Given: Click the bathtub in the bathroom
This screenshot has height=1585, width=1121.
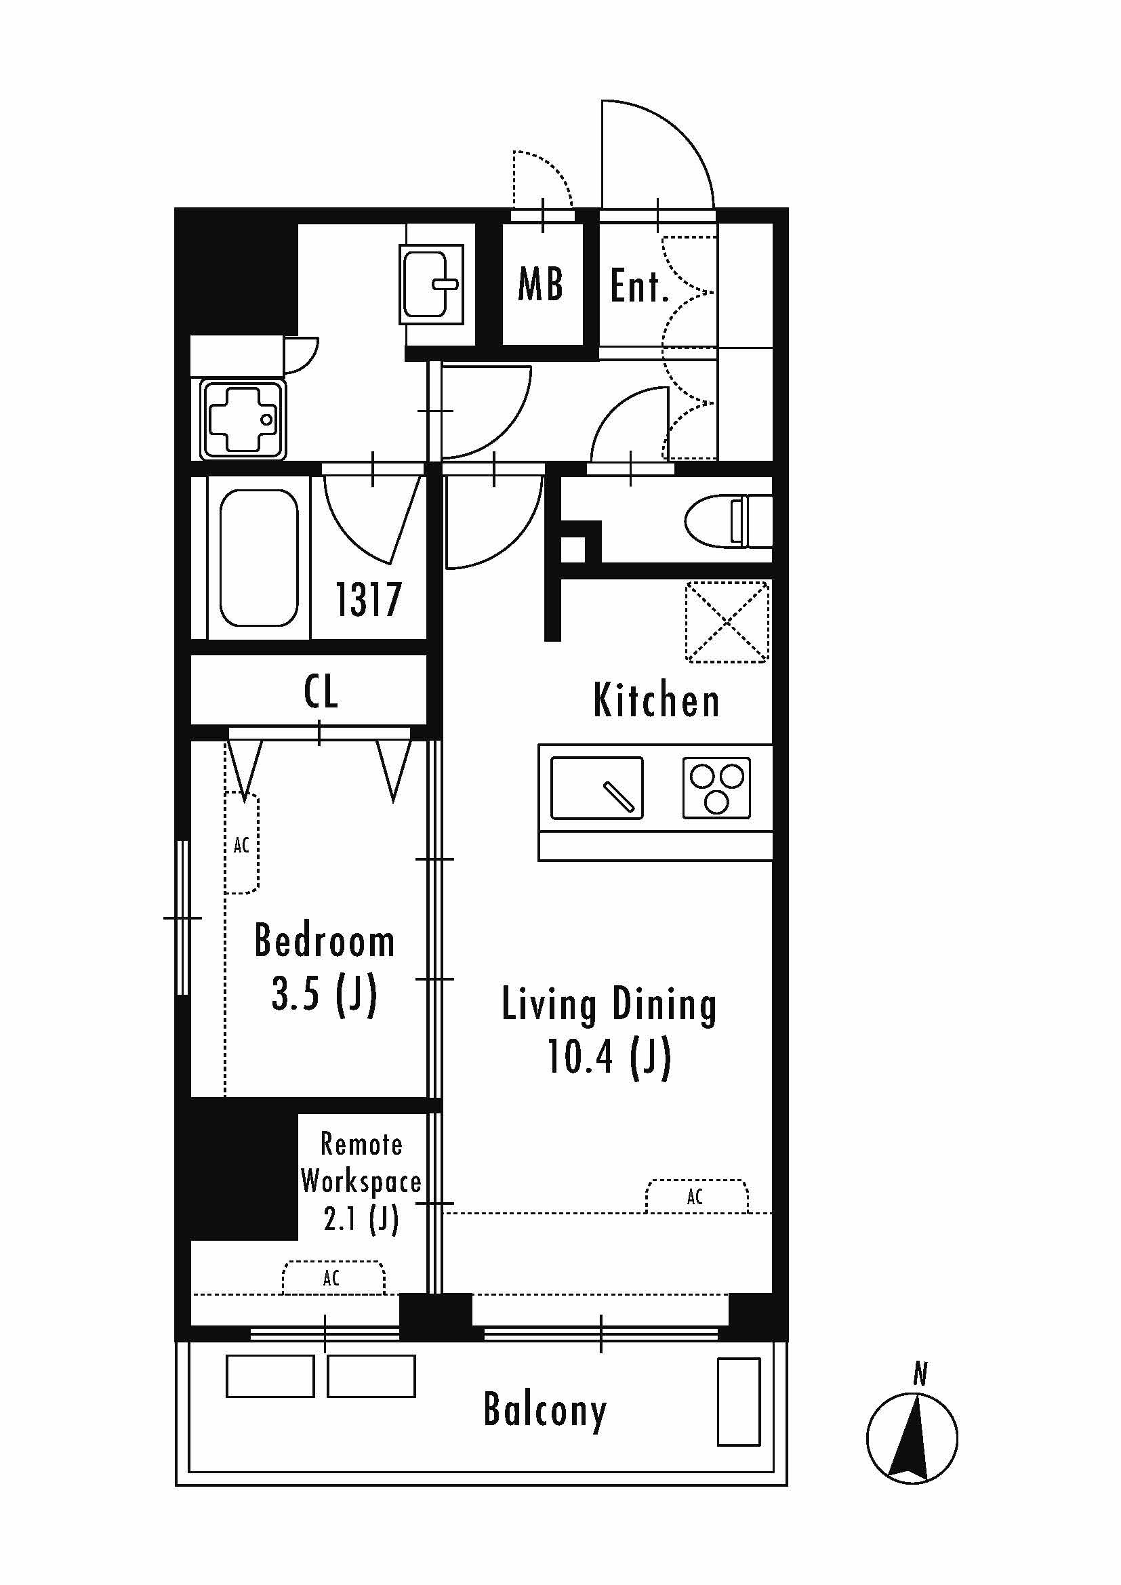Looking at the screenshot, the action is pyautogui.click(x=259, y=558).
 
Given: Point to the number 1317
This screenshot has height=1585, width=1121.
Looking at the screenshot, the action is pyautogui.click(x=369, y=599).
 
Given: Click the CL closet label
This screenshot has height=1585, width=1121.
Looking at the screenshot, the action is pyautogui.click(x=321, y=691).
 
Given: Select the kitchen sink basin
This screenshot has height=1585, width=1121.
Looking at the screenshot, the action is pyautogui.click(x=597, y=788).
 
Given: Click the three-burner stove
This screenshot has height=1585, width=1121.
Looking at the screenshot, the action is pyautogui.click(x=716, y=788).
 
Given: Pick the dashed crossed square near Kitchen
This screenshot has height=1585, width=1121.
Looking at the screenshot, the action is pyautogui.click(x=727, y=622).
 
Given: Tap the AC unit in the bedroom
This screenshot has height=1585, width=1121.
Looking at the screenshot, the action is pyautogui.click(x=241, y=844).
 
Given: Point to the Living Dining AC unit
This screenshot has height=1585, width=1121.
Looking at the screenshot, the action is pyautogui.click(x=697, y=1196).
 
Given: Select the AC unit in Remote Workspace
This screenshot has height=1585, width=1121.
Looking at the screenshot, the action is pyautogui.click(x=333, y=1278).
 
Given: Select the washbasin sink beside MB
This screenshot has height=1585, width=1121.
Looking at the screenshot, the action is pyautogui.click(x=432, y=284).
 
